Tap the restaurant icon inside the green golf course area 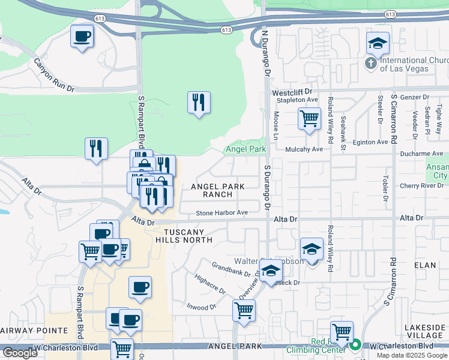[199, 103]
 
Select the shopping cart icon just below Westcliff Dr [309, 118]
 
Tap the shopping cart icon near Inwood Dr [244, 311]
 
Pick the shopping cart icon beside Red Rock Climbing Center [341, 332]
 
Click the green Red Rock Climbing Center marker [355, 344]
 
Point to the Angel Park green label [245, 149]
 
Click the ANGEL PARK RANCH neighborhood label [217, 190]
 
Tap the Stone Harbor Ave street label [221, 213]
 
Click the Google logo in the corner [20, 353]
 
